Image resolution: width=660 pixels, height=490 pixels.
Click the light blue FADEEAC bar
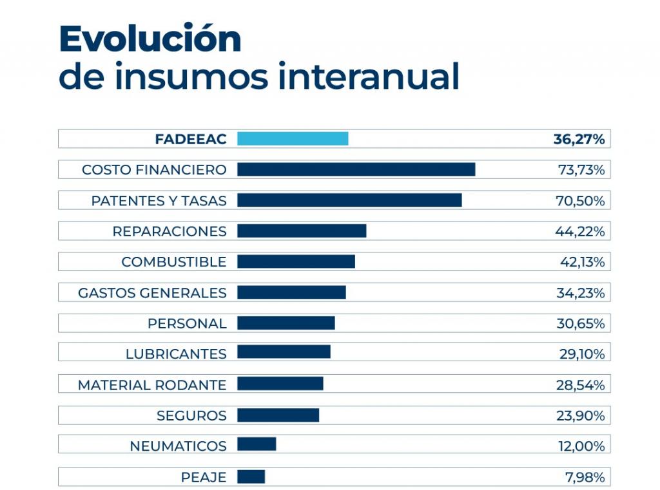[x=293, y=138]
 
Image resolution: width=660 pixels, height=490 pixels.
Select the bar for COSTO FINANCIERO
[x=356, y=169]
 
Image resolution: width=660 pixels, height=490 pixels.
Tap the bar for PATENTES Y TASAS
[x=349, y=200]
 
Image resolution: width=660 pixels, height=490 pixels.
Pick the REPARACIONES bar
[x=302, y=231]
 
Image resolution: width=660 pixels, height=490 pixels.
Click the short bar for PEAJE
[x=251, y=476]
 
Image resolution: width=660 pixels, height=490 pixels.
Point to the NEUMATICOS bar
[x=257, y=444]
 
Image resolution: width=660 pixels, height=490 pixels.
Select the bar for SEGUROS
[x=278, y=415]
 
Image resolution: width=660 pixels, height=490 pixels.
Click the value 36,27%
[x=579, y=139]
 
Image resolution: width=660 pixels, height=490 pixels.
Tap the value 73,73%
[x=581, y=170]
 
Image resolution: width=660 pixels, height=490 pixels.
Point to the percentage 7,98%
[x=585, y=477]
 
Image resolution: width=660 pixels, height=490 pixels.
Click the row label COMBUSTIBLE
[x=174, y=262]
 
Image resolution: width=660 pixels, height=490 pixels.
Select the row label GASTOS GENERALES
[x=152, y=293]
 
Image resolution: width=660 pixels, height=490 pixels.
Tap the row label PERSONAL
[x=187, y=324]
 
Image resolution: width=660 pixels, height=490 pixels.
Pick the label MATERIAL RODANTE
[x=152, y=385]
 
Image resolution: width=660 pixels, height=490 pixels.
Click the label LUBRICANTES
[x=176, y=354]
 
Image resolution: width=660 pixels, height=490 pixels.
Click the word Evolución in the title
[x=150, y=40]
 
